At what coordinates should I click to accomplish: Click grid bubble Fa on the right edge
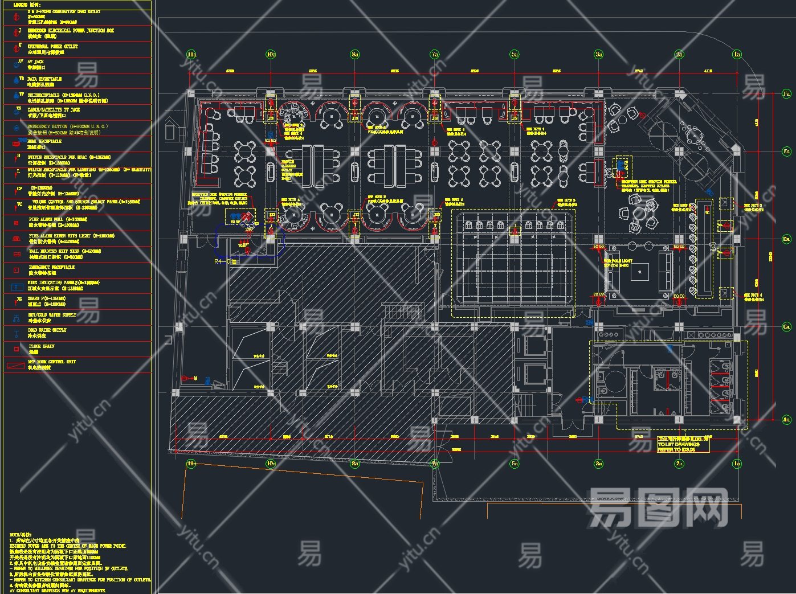point(787,93)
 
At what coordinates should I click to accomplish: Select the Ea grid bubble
point(787,151)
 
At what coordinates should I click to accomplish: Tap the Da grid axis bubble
point(787,239)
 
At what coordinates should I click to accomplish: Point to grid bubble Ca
point(787,327)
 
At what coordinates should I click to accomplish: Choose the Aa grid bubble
point(787,420)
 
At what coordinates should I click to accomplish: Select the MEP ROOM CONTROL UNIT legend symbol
point(15,365)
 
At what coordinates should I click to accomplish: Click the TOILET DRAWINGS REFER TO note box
point(683,444)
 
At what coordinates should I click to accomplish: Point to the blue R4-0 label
point(223,261)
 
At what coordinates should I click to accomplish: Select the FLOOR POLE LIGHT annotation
point(618,263)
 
